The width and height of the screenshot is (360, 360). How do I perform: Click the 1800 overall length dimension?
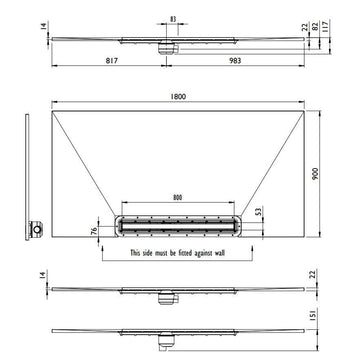coord(178,97)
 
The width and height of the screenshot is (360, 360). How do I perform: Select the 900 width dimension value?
coord(315,174)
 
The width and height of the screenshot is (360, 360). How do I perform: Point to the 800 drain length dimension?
coord(178,198)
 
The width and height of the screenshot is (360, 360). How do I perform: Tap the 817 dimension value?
coord(112,60)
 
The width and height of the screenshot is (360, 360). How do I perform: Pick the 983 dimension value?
coord(235,60)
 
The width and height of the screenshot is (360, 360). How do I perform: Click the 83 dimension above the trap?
coord(173,19)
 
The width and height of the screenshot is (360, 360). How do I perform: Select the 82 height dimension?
coord(315,26)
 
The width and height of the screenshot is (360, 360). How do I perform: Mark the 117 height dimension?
coord(326,25)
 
